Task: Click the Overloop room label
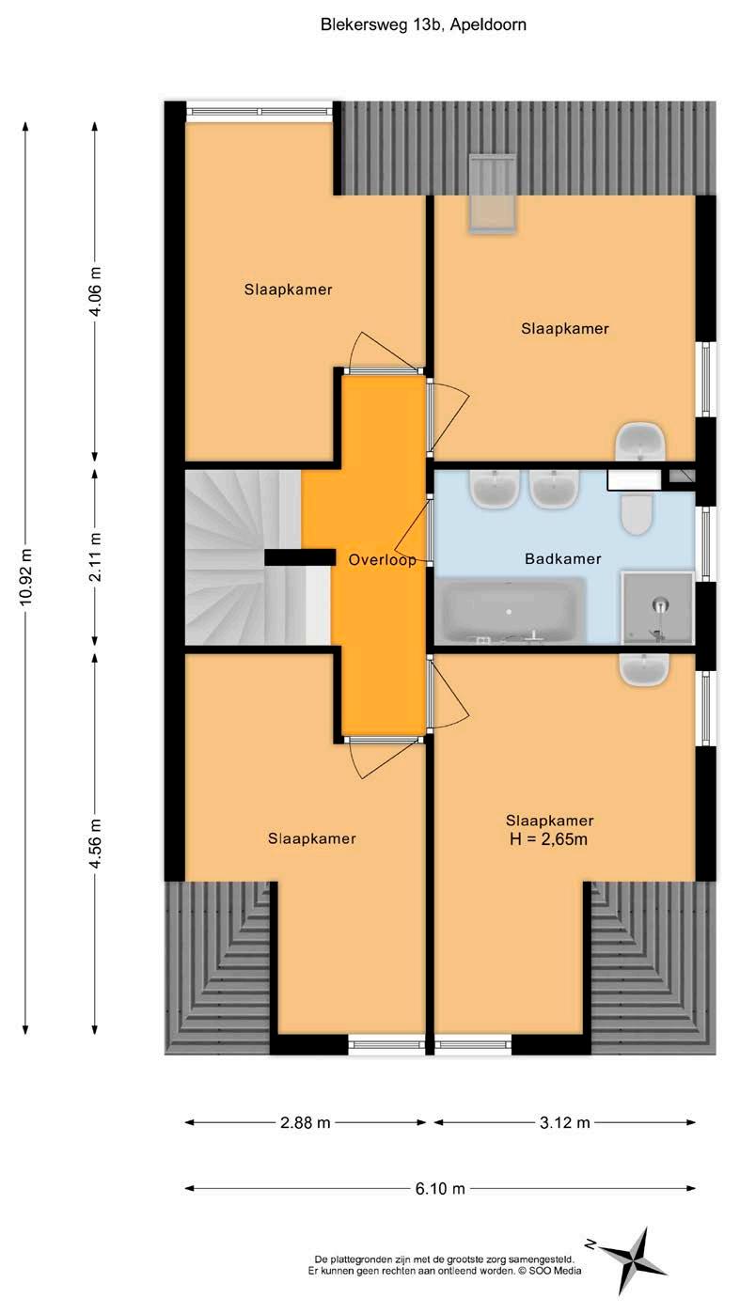coord(382,559)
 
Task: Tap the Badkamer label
coord(563,558)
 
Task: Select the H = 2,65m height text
coord(548,838)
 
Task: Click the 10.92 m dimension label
coord(25,578)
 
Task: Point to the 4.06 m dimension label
coord(95,290)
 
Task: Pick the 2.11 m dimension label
coord(95,557)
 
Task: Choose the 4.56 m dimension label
coord(95,843)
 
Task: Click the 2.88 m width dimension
coord(306,1123)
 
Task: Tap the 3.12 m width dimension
coord(564,1123)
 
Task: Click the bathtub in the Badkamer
coord(510,611)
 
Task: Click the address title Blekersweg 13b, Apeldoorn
coord(423,24)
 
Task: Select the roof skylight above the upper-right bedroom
coord(493,195)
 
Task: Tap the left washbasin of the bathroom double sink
coord(494,489)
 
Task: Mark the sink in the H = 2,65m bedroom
coord(644,670)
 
